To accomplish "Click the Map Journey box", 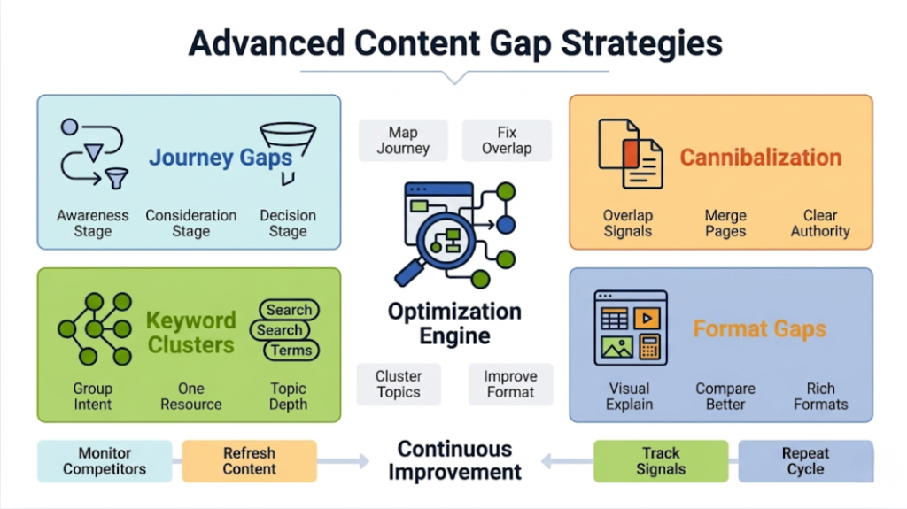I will click(x=403, y=141).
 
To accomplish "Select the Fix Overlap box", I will click(x=507, y=141).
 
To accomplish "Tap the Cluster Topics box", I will click(x=399, y=384).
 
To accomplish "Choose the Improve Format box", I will click(x=510, y=384).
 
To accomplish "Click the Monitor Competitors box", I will click(x=105, y=461).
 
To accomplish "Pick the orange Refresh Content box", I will click(x=249, y=461).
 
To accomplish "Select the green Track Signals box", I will click(x=661, y=461).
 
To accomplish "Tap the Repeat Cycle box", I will click(x=805, y=461).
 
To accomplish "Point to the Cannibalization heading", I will click(x=760, y=158).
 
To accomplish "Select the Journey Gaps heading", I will click(x=221, y=158).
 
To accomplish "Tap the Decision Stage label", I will click(x=288, y=223).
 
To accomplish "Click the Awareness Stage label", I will click(x=93, y=223).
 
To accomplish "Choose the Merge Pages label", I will click(x=725, y=223).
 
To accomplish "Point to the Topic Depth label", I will click(x=288, y=396).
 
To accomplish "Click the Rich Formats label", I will click(x=820, y=396).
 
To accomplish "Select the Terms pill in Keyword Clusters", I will click(x=291, y=350).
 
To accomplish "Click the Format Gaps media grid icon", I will click(x=630, y=328).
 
